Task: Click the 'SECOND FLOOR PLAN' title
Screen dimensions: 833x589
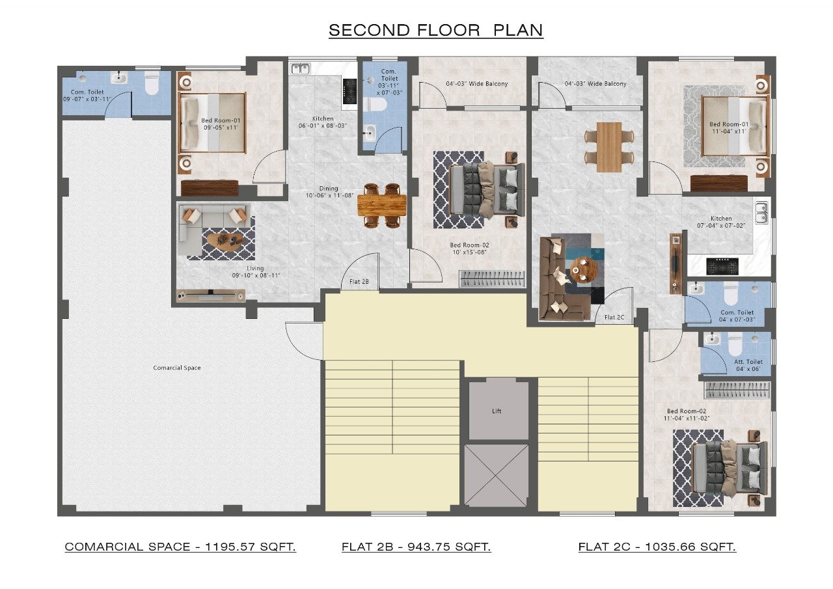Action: [x=436, y=30]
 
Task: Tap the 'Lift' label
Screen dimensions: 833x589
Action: [x=497, y=411]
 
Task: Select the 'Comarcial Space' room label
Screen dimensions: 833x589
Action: [x=177, y=368]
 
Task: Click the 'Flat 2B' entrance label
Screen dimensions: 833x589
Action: [x=359, y=282]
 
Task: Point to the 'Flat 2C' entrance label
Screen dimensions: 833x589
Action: [x=614, y=317]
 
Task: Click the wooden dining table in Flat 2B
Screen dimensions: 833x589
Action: [x=382, y=205]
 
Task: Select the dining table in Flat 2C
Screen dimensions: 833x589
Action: [x=609, y=147]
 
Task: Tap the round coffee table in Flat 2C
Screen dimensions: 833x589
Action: [x=583, y=269]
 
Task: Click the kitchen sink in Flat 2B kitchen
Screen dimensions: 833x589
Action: [x=301, y=69]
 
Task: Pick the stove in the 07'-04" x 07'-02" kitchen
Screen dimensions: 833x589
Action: [x=722, y=266]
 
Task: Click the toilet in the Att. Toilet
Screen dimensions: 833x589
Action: [x=735, y=344]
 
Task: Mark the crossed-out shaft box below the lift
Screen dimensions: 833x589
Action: [x=497, y=475]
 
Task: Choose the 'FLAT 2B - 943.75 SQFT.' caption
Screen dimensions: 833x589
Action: [x=416, y=547]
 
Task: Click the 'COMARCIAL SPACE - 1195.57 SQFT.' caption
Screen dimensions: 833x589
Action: [x=180, y=547]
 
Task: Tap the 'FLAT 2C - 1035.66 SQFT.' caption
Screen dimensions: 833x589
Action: [x=657, y=547]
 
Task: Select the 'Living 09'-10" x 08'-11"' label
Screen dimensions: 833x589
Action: [x=256, y=272]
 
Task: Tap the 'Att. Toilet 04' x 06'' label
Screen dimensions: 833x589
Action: [x=748, y=365]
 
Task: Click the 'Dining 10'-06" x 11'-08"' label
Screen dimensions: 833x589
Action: [x=329, y=192]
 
